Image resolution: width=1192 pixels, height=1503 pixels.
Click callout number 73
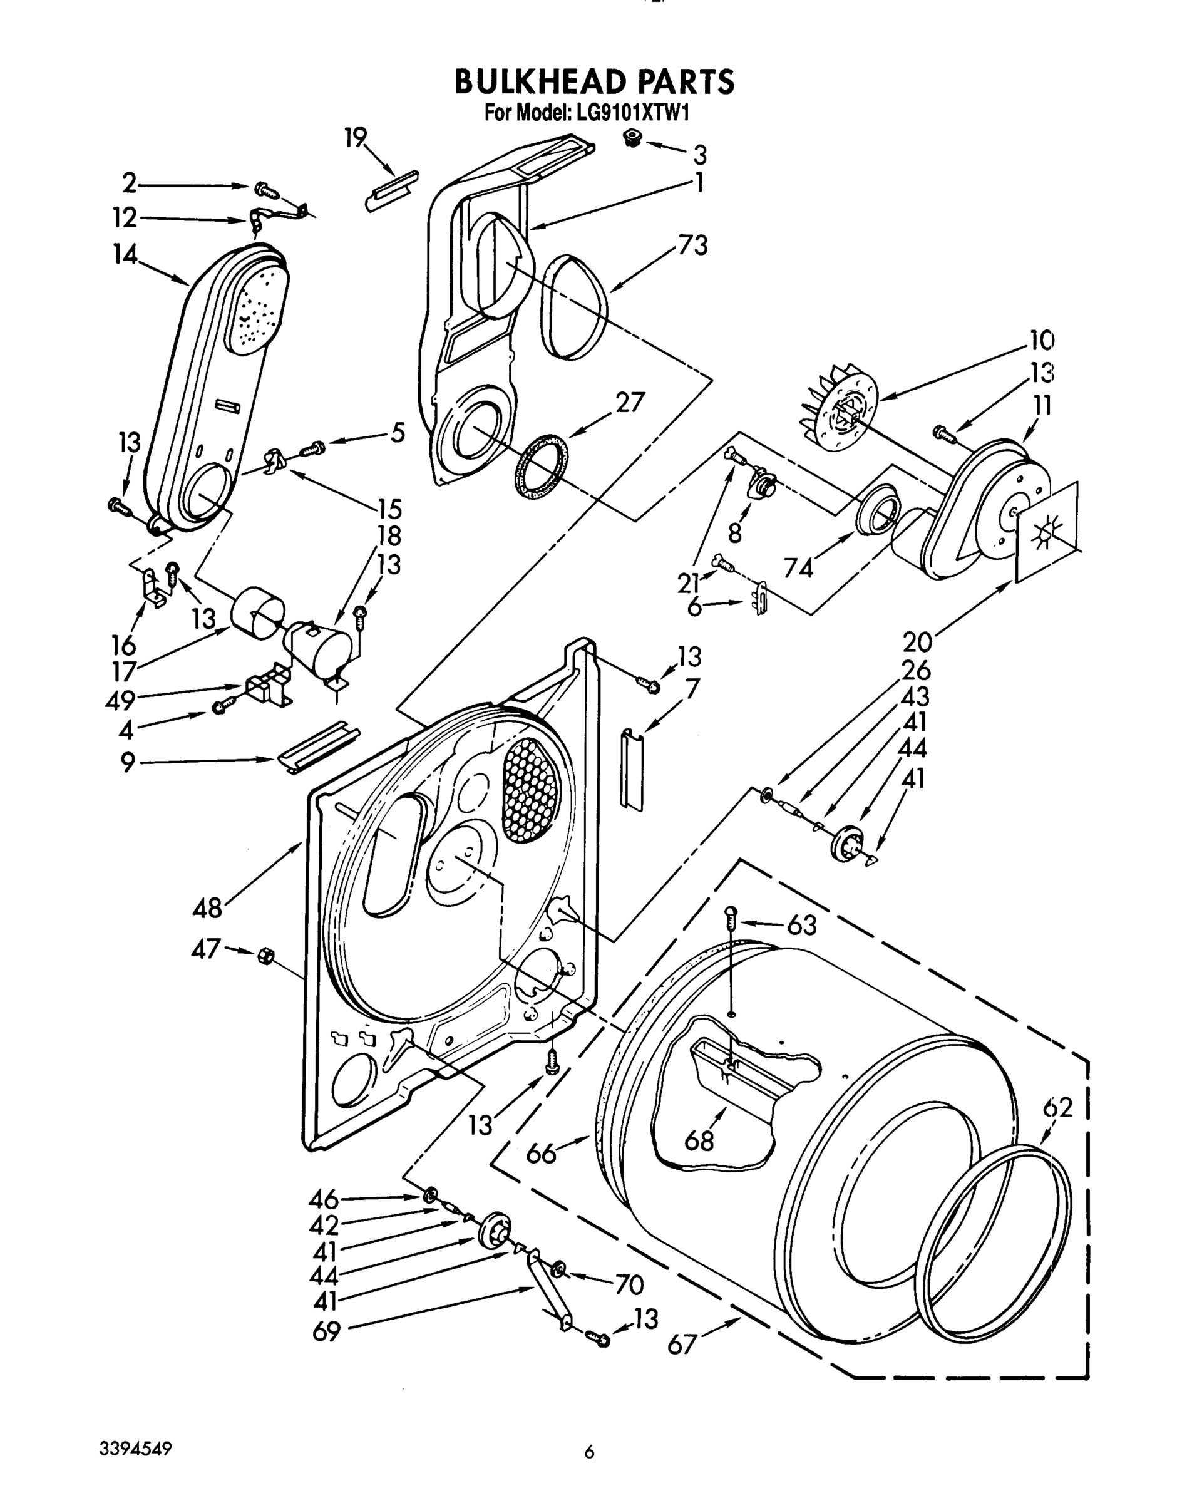(x=692, y=245)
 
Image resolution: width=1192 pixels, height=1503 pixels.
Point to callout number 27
(x=629, y=402)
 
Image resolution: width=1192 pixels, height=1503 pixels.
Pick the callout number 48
(x=207, y=907)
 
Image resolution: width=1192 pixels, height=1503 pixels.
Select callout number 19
(x=356, y=137)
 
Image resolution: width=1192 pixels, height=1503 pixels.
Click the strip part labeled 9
(x=318, y=746)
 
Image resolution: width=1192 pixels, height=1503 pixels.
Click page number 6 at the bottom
(x=589, y=1452)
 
